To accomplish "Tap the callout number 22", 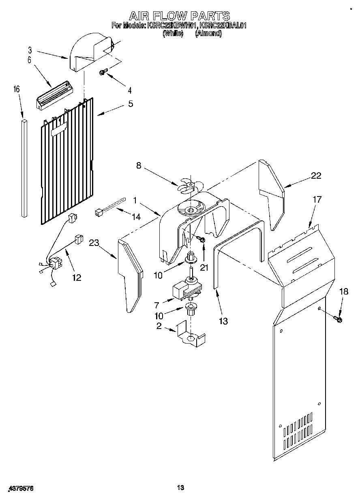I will pos(316,175).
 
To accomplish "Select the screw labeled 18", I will pos(339,320).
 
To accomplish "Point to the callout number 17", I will pos(317,199).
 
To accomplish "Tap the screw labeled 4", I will pos(103,72).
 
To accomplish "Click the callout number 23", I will pos(94,244).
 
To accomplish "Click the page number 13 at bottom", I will pos(181,488).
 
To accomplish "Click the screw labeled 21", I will pos(202,241).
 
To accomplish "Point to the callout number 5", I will pos(130,104).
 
